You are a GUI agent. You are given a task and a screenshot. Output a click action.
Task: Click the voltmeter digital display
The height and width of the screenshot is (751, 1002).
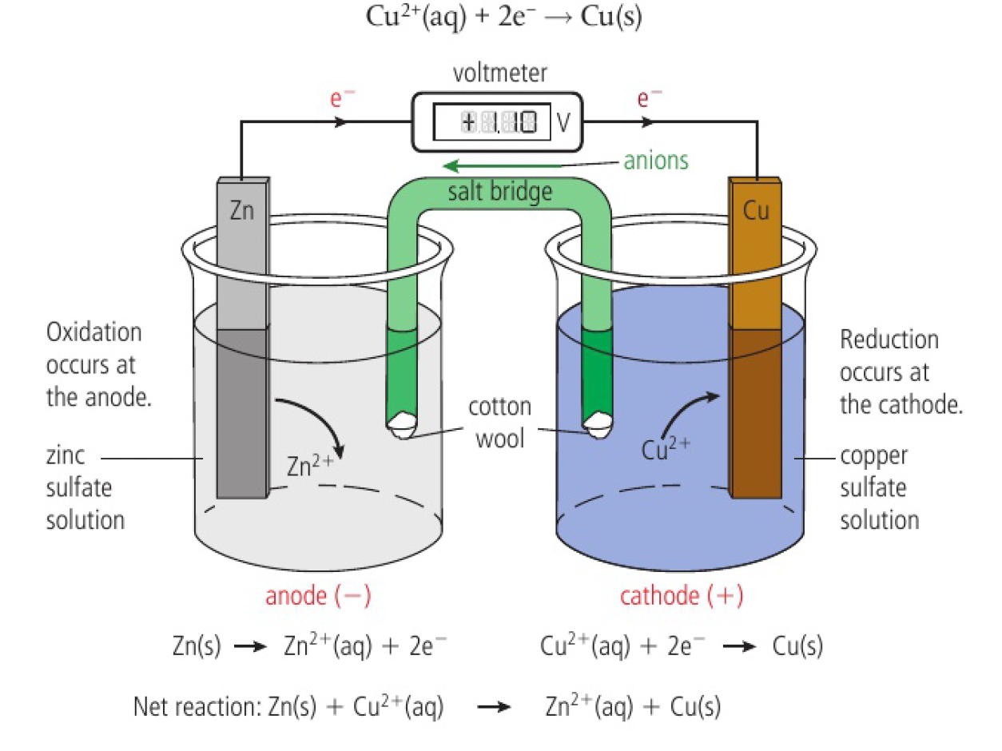pyautogui.click(x=492, y=122)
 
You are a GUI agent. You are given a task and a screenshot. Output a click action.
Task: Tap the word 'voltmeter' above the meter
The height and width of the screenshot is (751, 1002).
pyautogui.click(x=500, y=74)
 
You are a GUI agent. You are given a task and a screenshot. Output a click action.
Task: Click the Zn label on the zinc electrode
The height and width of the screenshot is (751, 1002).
pyautogui.click(x=241, y=212)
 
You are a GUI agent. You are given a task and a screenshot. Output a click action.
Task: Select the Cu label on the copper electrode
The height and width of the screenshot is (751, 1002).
pyautogui.click(x=754, y=212)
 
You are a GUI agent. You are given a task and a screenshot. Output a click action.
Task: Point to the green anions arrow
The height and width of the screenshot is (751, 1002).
pyautogui.click(x=527, y=166)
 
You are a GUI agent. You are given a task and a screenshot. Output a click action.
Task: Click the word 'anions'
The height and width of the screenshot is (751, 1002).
pyautogui.click(x=655, y=161)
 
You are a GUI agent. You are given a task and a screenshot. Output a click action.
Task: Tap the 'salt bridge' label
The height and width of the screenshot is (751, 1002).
pyautogui.click(x=500, y=192)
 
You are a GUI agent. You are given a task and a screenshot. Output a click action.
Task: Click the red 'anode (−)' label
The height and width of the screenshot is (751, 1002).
pyautogui.click(x=318, y=596)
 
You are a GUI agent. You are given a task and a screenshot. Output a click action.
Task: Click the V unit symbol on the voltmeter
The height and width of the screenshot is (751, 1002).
pyautogui.click(x=563, y=123)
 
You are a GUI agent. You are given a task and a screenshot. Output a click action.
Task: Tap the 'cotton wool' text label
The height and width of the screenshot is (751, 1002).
pyautogui.click(x=499, y=422)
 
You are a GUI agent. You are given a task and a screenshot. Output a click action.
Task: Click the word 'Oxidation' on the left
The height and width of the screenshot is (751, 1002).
pyautogui.click(x=94, y=332)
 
